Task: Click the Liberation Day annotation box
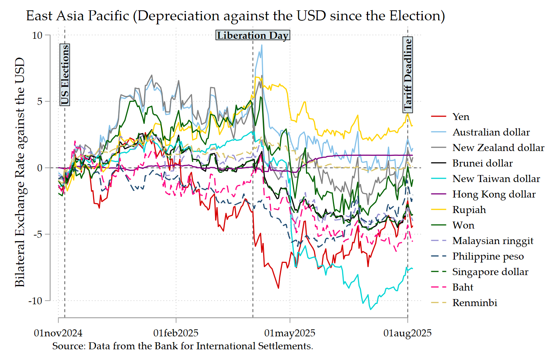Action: [253, 35]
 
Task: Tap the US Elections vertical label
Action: [65, 75]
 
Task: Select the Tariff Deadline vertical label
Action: [408, 75]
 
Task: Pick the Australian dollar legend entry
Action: [480, 132]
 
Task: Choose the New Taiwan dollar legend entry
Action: [486, 179]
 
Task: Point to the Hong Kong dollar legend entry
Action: [483, 194]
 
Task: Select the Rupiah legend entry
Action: [458, 210]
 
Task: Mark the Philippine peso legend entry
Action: [477, 256]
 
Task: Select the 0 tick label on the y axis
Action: [40, 168]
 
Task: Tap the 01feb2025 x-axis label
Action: [176, 333]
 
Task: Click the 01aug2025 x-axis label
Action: [408, 333]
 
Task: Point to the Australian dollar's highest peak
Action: [262, 45]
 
